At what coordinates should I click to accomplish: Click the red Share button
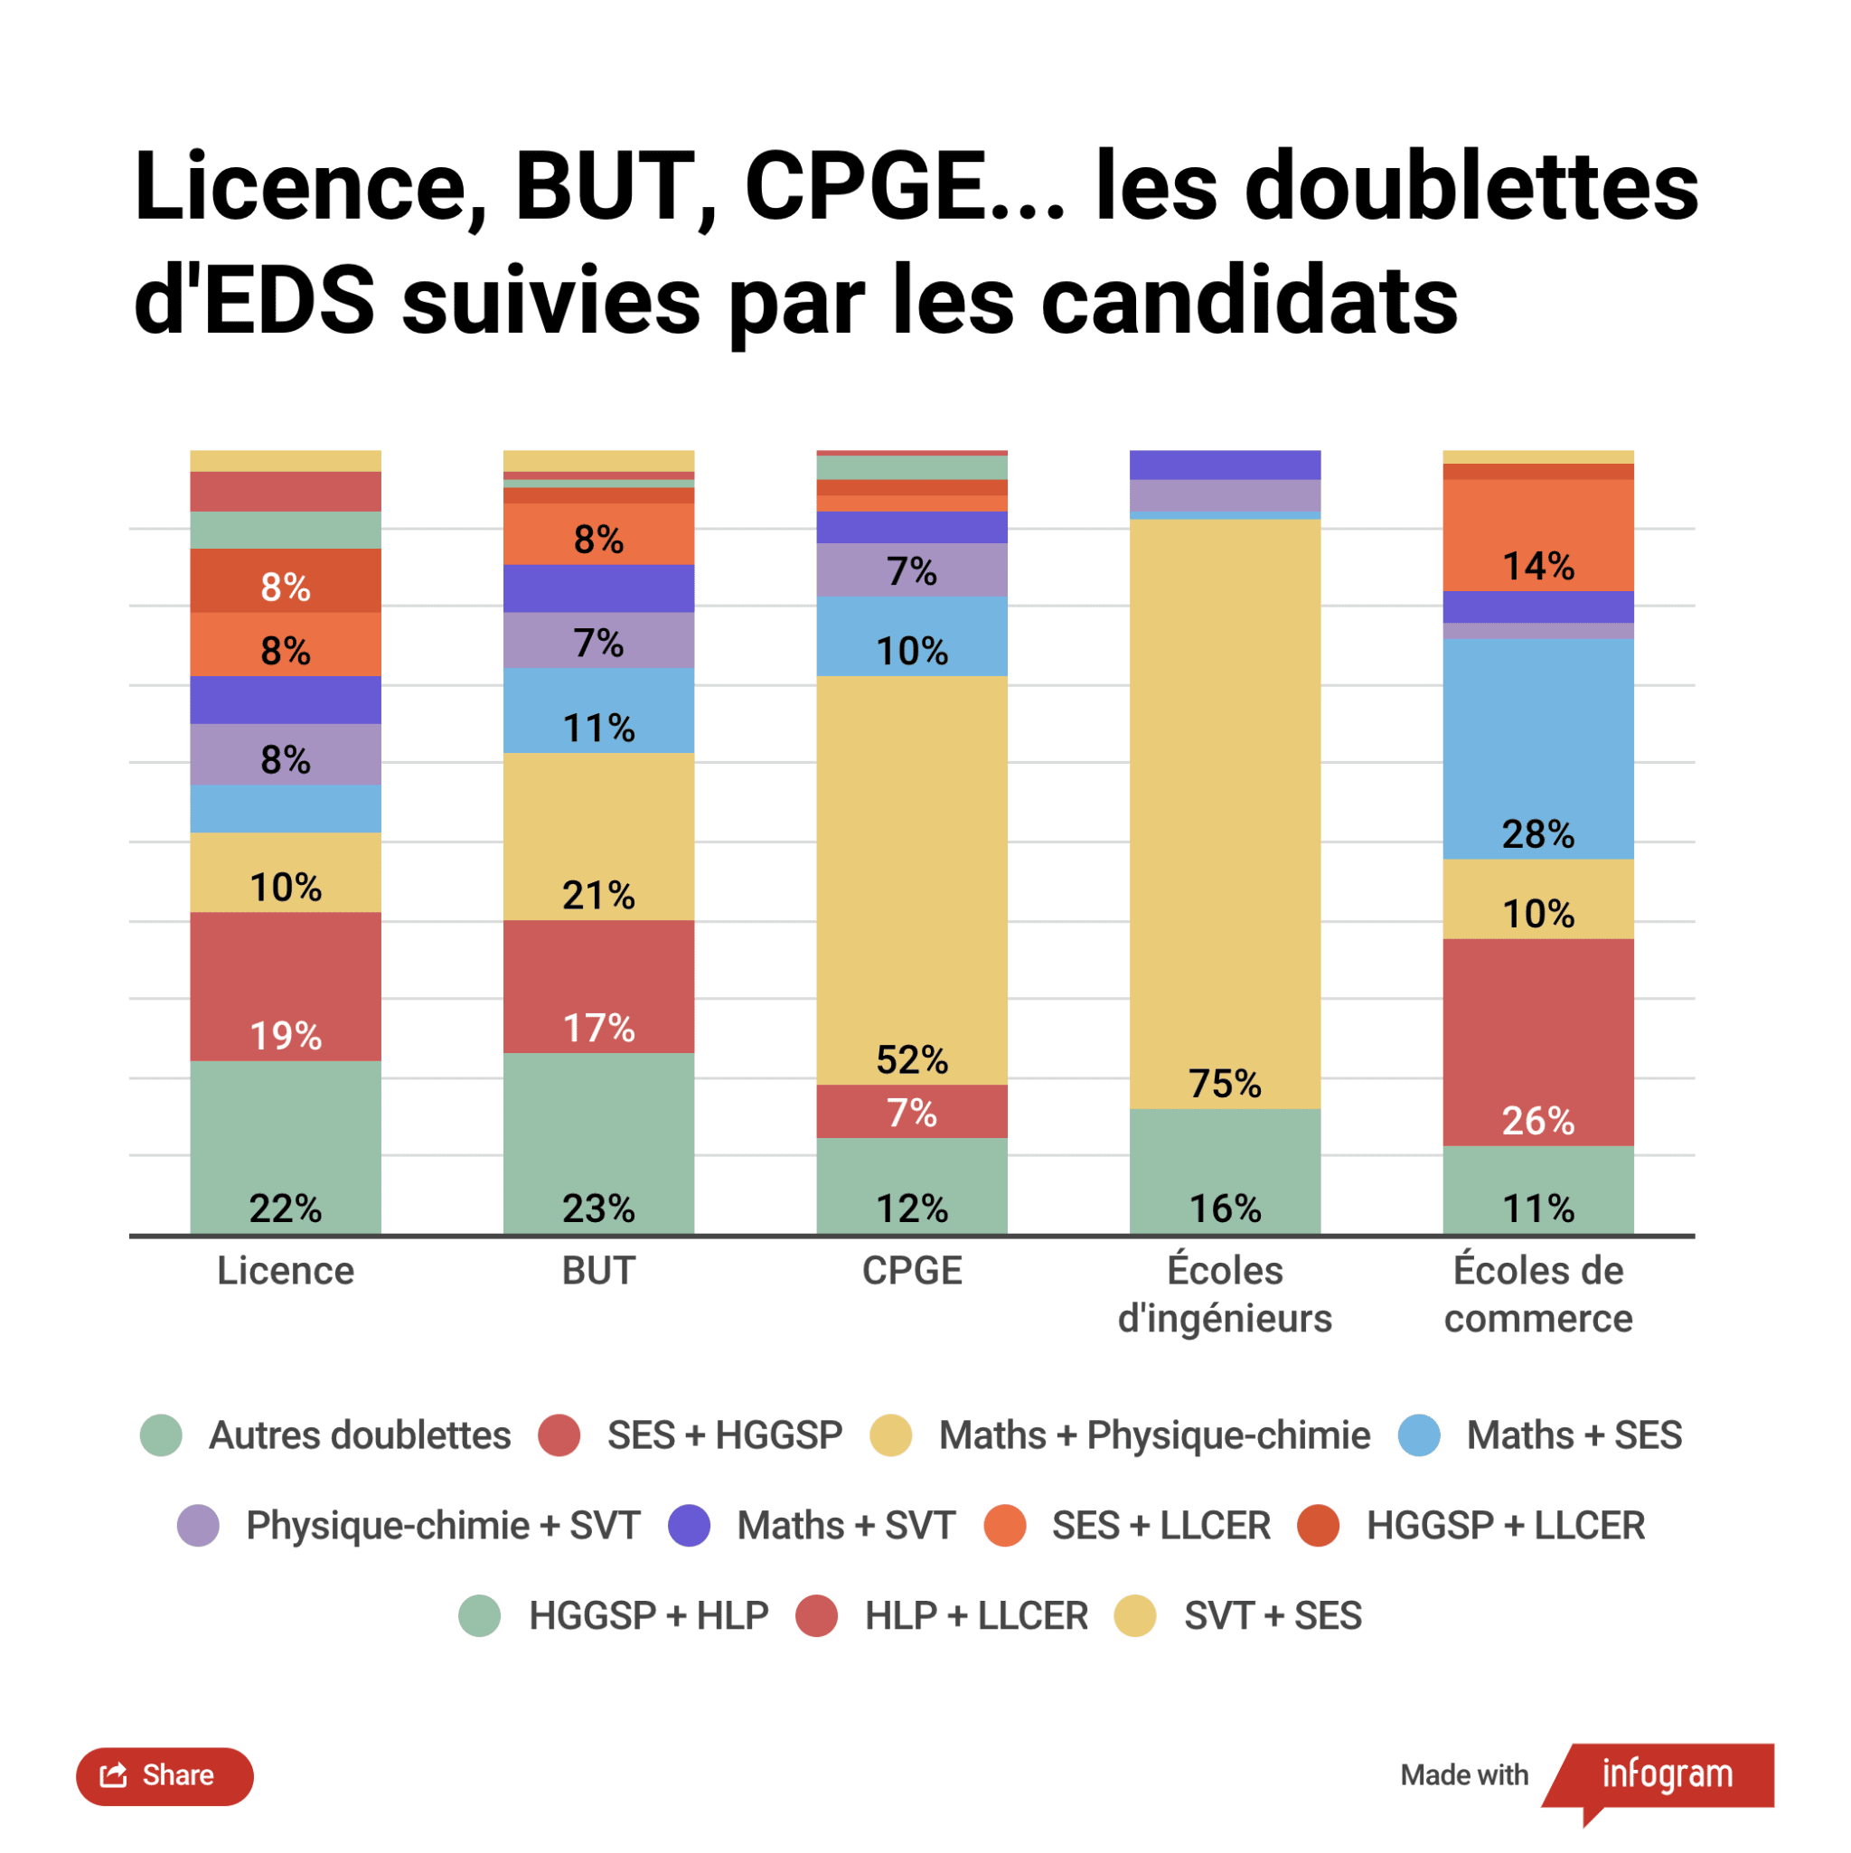point(164,1775)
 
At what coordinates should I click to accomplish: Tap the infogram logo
point(1666,1774)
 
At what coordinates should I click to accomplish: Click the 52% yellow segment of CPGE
point(911,880)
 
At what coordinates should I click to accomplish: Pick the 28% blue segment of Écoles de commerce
point(1537,748)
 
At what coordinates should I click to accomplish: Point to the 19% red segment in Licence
point(285,986)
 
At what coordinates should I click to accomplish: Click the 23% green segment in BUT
point(598,1143)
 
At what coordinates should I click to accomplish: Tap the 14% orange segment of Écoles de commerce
point(1537,535)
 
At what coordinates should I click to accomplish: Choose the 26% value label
point(1537,1120)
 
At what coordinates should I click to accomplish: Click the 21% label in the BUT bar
point(598,896)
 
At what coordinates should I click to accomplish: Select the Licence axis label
point(285,1271)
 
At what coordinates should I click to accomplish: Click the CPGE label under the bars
point(911,1271)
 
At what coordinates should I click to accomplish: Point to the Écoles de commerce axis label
point(1537,1293)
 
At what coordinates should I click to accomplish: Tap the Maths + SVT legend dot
point(690,1526)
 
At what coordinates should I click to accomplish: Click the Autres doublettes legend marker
point(161,1435)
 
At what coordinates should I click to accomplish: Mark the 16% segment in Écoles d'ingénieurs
point(1225,1172)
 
